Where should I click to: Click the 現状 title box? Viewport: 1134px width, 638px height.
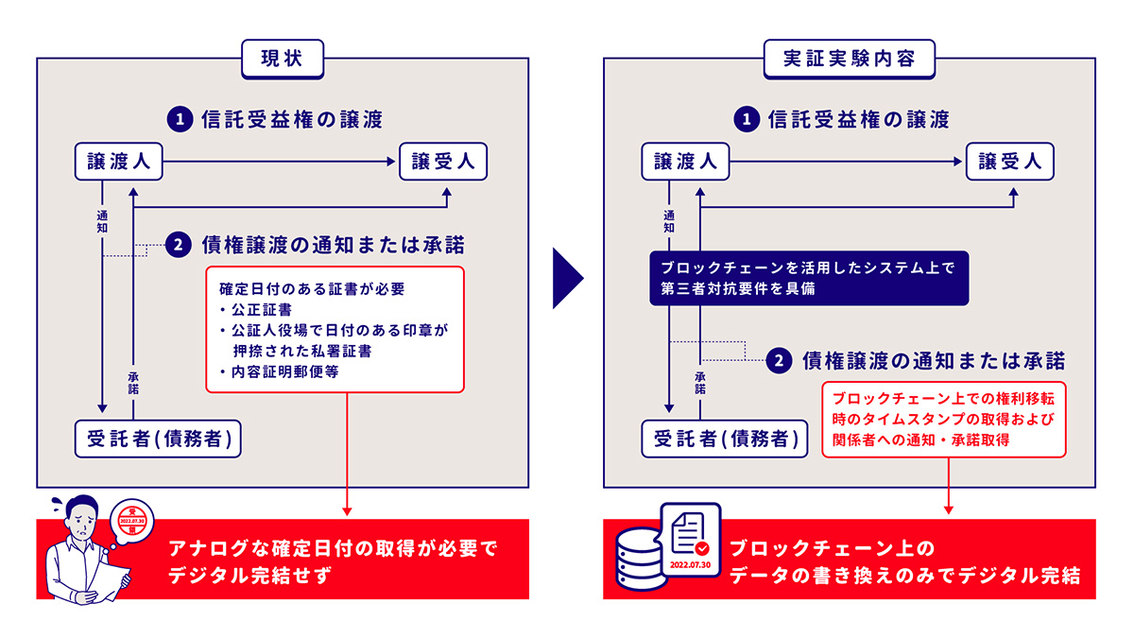click(x=283, y=60)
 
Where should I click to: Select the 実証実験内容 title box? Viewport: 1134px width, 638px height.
click(x=849, y=60)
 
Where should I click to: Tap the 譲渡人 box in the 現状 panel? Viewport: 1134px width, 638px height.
click(x=118, y=162)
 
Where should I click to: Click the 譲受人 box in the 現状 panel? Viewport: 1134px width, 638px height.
click(x=443, y=162)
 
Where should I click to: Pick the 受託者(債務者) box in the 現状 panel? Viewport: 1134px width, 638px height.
click(x=158, y=439)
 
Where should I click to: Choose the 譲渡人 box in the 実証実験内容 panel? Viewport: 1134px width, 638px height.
click(x=685, y=162)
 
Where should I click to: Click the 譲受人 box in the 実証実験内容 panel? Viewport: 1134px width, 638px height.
click(x=1010, y=162)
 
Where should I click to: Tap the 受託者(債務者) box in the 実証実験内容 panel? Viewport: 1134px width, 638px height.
click(x=725, y=439)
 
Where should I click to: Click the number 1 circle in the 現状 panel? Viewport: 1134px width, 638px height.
click(x=180, y=119)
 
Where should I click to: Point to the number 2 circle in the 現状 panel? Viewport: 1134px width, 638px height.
click(x=179, y=245)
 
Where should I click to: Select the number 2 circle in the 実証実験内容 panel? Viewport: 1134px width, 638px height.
click(x=779, y=361)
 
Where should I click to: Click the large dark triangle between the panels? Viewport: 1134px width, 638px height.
click(x=568, y=278)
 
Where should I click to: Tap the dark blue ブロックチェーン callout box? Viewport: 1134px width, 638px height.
click(x=809, y=278)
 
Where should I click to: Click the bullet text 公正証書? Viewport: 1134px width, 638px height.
click(x=262, y=310)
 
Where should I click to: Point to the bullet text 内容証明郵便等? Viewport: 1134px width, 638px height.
click(x=285, y=372)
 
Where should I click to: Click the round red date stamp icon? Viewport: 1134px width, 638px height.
click(x=132, y=521)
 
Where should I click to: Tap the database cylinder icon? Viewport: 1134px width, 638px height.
click(x=640, y=559)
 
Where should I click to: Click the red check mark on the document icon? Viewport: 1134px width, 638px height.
click(x=702, y=548)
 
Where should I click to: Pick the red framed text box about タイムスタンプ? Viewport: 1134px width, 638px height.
click(x=944, y=420)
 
